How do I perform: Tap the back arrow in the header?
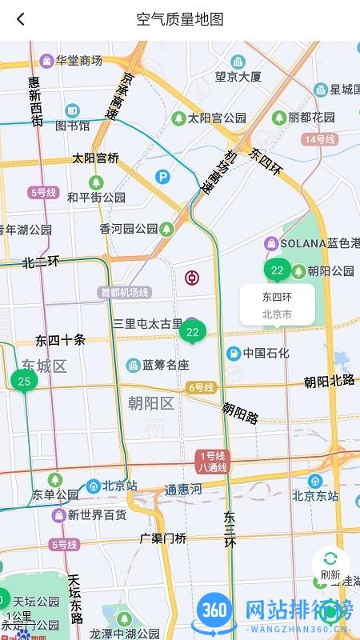[x=21, y=19]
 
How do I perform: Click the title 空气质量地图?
[x=180, y=19]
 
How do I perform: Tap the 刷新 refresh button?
[x=330, y=565]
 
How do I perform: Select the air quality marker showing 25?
[x=24, y=381]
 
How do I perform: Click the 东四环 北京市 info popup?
[x=277, y=305]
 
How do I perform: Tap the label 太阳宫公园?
[x=210, y=118]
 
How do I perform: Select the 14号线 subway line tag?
[x=319, y=139]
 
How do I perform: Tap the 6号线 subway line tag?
[x=201, y=387]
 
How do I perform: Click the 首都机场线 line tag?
[x=125, y=293]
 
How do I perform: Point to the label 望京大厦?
[x=238, y=77]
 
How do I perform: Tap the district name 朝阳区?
[x=151, y=402]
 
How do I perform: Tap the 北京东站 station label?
[x=315, y=495]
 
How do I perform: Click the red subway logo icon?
[x=192, y=278]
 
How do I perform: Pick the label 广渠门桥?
[x=163, y=538]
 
